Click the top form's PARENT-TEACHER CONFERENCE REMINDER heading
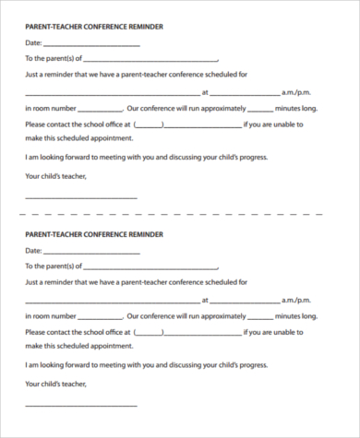pos(93,27)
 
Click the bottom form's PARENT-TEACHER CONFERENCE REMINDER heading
pos(93,234)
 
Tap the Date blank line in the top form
pos(91,44)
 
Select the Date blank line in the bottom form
pos(91,252)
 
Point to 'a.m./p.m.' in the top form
pos(299,93)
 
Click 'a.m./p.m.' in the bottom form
pos(299,301)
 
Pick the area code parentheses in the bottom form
pos(150,332)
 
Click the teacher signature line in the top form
pos(80,198)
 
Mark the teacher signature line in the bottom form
pos(80,406)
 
